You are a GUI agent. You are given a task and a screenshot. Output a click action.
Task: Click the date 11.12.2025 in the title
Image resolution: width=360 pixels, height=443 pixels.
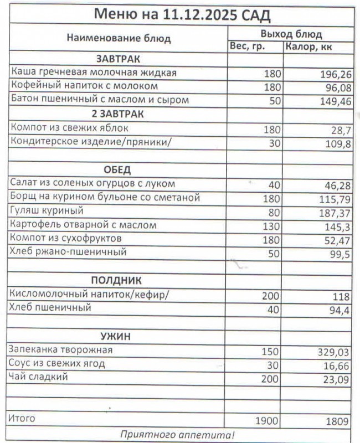coord(200,14)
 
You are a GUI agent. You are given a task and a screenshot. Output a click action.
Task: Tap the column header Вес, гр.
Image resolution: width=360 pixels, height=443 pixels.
coord(247,47)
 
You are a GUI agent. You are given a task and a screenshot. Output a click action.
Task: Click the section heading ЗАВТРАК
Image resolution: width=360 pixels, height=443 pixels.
coord(119,59)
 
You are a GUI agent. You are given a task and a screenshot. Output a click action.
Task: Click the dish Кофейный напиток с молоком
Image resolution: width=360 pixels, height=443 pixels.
coord(85,86)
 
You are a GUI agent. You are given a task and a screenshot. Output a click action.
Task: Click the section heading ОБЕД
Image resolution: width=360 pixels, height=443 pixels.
coord(117,169)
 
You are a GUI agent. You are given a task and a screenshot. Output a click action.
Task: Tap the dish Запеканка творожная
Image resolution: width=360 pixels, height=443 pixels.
coord(61,350)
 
